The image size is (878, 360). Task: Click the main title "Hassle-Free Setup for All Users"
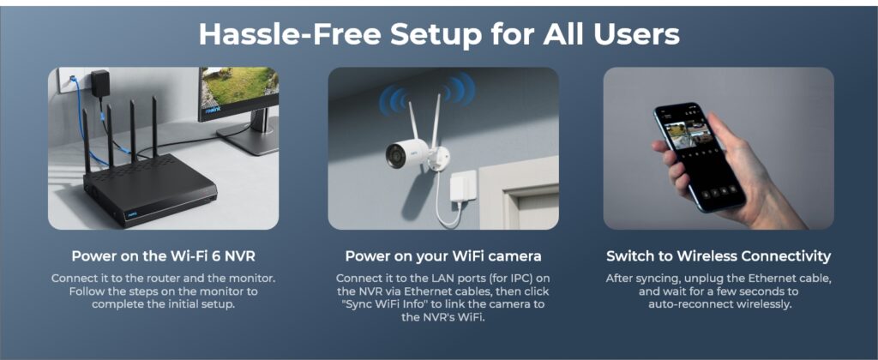coord(439,34)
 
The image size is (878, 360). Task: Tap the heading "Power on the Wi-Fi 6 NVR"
coord(163,256)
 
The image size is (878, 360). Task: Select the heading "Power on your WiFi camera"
coord(443,256)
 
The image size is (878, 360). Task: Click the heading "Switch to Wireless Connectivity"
coord(719,256)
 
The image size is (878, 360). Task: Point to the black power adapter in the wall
coord(99,84)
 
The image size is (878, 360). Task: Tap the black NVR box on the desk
coord(149,191)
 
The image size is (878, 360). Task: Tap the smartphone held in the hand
coord(699,156)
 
